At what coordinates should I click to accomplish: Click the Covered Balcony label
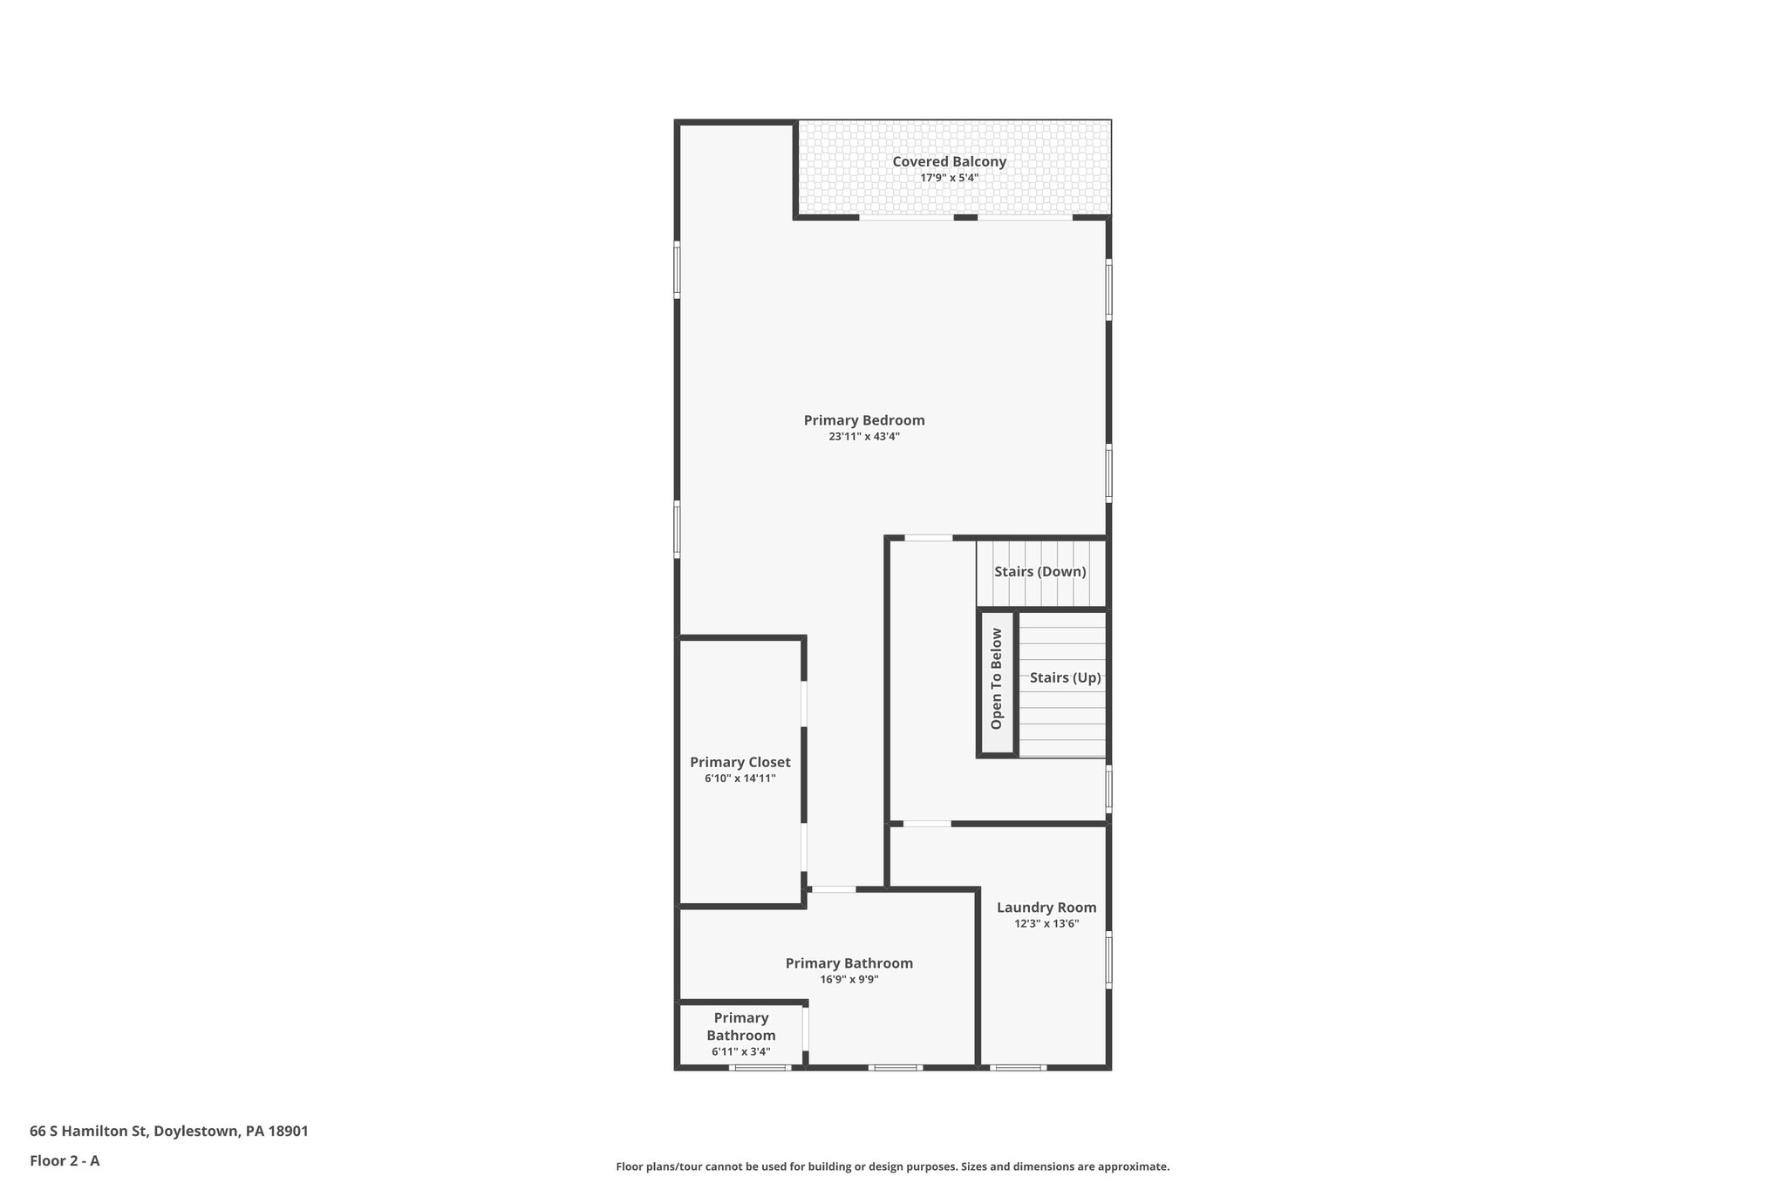[x=949, y=161]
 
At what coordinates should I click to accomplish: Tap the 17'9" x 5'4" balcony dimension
[x=949, y=178]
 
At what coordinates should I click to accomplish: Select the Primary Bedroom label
[x=863, y=420]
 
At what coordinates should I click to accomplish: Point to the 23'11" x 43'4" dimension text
[x=863, y=437]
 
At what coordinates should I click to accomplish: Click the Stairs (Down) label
[x=1040, y=572]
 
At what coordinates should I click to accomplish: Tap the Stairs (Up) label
[x=1065, y=677]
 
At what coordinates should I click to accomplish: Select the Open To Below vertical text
[x=997, y=679]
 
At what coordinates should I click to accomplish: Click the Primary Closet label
[x=740, y=762]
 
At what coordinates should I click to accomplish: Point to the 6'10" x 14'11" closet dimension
[x=740, y=779]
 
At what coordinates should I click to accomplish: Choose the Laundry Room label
[x=1046, y=908]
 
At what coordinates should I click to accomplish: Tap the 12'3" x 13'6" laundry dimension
[x=1046, y=924]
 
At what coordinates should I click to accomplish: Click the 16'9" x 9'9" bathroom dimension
[x=849, y=980]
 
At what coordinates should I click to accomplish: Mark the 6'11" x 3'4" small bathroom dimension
[x=740, y=1052]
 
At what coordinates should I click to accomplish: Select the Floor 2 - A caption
[x=65, y=1161]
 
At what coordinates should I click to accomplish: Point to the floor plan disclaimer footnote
[x=892, y=1166]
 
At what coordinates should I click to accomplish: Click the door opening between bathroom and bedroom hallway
[x=833, y=889]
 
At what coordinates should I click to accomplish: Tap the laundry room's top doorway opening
[x=926, y=824]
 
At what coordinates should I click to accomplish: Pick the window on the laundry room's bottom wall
[x=1018, y=1067]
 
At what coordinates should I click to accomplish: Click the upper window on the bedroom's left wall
[x=677, y=271]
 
